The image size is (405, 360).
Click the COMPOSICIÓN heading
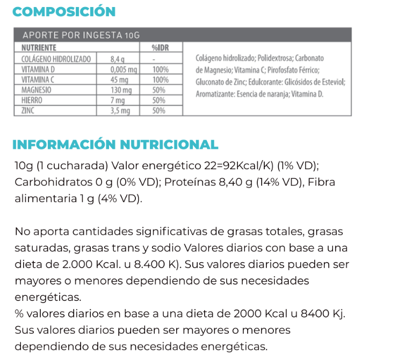(64, 12)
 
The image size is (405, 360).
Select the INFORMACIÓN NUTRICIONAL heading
(115, 145)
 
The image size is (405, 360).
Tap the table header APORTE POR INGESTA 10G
(81, 35)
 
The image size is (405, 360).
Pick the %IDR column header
(160, 48)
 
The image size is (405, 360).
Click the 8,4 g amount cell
(118, 59)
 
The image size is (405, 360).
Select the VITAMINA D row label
(39, 70)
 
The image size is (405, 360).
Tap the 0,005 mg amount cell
(124, 70)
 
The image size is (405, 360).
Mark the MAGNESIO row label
(36, 90)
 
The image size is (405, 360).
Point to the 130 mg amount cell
(121, 90)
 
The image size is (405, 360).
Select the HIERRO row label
(32, 100)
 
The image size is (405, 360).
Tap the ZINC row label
(28, 111)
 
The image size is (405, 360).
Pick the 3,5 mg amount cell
(120, 111)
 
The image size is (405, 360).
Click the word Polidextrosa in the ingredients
(273, 58)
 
